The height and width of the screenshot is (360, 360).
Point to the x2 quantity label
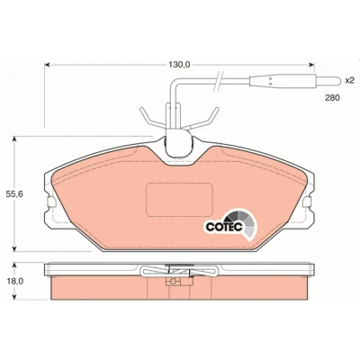(x=349, y=80)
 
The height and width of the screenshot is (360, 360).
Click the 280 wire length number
(x=332, y=98)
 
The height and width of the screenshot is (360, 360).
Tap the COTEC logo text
(x=224, y=227)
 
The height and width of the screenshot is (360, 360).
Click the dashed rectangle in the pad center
(x=179, y=200)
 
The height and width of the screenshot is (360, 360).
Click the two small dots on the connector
(x=270, y=81)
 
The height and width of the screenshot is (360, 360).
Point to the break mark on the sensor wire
(x=218, y=81)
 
